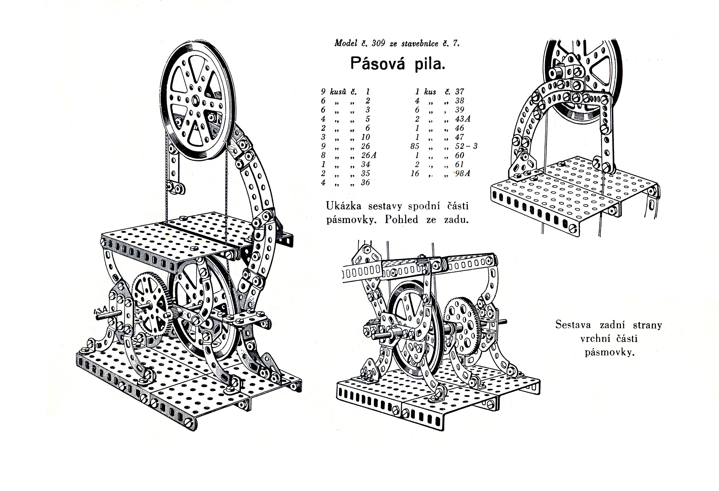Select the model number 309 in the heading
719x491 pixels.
point(378,43)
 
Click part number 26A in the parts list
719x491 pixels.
point(369,155)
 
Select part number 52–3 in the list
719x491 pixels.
point(466,146)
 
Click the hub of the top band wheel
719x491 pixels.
point(196,100)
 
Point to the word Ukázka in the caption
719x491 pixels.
point(343,206)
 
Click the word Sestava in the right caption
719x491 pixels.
point(573,325)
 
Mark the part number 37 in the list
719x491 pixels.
point(459,92)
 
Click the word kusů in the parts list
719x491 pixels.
point(338,92)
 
